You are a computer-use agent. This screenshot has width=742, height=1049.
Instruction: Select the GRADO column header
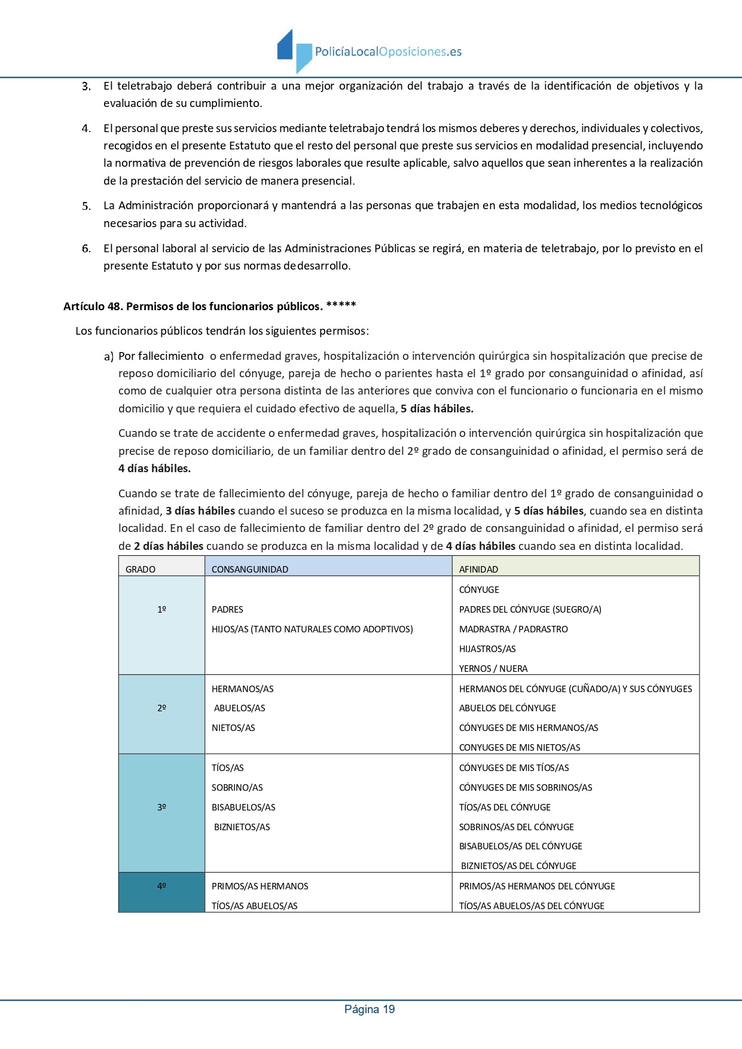click(x=141, y=569)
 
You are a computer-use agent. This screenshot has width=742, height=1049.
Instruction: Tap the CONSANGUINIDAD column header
click(x=250, y=569)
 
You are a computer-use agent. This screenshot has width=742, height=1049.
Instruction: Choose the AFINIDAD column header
click(x=478, y=569)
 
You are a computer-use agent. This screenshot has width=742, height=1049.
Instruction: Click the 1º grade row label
click(x=161, y=609)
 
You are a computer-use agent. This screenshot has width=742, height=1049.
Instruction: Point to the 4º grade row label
click(x=161, y=886)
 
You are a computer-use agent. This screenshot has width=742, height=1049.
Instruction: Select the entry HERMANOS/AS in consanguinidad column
click(x=243, y=689)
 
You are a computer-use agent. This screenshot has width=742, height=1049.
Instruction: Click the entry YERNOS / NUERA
click(x=493, y=668)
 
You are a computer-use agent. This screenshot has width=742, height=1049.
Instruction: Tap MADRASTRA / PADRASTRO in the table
click(x=514, y=629)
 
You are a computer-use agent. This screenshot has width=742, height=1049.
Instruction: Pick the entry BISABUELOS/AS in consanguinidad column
click(x=243, y=807)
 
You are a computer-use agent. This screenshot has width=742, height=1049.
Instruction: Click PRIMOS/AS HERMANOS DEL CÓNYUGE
click(x=537, y=886)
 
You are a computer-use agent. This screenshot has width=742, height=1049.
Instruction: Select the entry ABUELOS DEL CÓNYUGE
click(x=508, y=708)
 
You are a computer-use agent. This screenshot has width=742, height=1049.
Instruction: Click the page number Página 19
click(x=370, y=1009)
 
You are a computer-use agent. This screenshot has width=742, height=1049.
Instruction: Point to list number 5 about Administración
click(x=87, y=206)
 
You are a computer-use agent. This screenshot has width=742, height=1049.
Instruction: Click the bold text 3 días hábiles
click(x=200, y=510)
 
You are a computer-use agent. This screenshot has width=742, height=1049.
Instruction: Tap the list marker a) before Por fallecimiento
click(x=109, y=357)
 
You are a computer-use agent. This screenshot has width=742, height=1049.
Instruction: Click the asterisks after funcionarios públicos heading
click(x=341, y=306)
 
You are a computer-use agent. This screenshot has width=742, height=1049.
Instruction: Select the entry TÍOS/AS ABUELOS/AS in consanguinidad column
click(x=255, y=906)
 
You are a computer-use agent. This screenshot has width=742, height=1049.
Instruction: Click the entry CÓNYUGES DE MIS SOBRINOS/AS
click(x=526, y=787)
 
